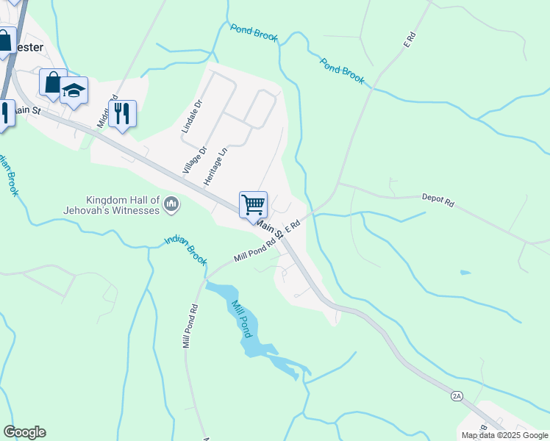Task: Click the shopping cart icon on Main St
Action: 253,204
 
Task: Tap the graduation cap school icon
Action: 74,90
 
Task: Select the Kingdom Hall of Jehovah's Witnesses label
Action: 123,205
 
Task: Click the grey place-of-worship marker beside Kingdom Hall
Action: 171,203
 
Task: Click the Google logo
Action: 24,432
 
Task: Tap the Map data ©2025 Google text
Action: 504,435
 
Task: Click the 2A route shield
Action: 457,396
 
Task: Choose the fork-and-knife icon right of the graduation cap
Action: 122,114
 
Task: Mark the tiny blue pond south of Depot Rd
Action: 465,273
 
